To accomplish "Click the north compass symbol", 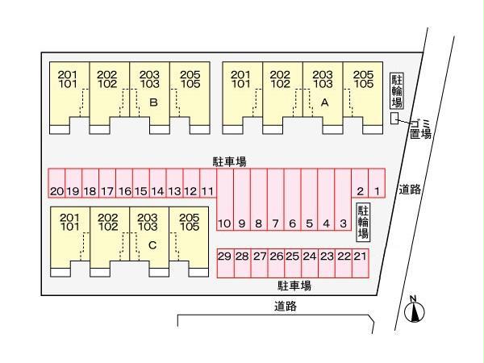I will [x=412, y=310].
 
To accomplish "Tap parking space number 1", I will [x=376, y=191].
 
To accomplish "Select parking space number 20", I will [x=56, y=191].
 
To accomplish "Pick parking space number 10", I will [x=225, y=223].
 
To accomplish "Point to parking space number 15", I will [x=140, y=191].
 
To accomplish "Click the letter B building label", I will [x=153, y=102].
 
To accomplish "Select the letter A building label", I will [x=324, y=102].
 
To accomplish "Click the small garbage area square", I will [x=394, y=119].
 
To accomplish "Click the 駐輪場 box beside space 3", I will [x=362, y=222].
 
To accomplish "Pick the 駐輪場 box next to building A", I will [x=396, y=90].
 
